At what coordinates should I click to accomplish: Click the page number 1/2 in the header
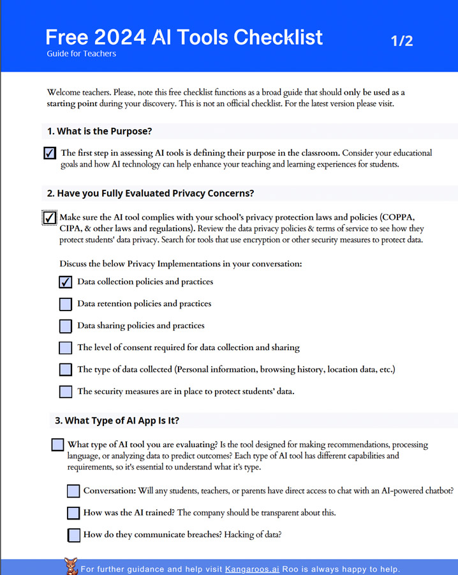coord(402,41)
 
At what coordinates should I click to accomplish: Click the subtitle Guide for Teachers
coord(81,54)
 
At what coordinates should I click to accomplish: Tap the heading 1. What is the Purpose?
coord(99,132)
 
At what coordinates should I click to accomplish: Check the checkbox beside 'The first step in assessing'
coord(50,153)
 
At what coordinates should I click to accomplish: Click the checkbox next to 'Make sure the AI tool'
coord(50,218)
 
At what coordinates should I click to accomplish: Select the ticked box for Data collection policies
coord(65,282)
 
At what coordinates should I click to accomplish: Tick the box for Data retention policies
coord(65,304)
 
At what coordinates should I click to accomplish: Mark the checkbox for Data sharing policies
coord(65,326)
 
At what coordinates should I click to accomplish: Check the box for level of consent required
coord(65,348)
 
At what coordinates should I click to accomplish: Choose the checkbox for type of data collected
coord(65,370)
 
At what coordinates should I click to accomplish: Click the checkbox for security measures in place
coord(65,392)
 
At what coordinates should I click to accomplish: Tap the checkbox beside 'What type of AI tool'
coord(57,445)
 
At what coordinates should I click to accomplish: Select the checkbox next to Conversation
coord(73,491)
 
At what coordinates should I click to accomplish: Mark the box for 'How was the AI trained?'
coord(73,513)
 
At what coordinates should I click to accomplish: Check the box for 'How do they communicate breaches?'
coord(73,535)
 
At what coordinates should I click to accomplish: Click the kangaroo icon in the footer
coord(71,566)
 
